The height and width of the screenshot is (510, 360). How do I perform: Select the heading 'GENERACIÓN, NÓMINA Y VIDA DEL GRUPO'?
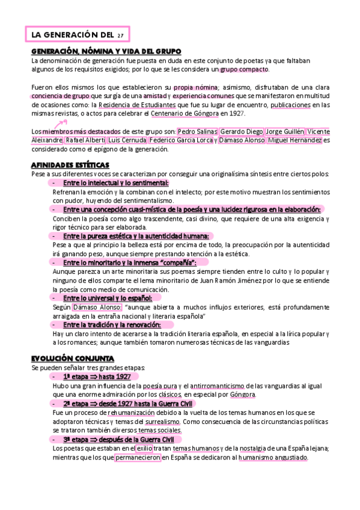coord(106,52)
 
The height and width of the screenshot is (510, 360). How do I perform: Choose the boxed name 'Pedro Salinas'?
coord(198,131)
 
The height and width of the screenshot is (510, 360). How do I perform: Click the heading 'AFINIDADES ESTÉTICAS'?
coord(70,165)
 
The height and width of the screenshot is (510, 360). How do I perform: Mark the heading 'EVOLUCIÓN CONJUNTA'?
coord(72,358)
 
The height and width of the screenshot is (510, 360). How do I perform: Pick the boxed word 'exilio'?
coord(161,449)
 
